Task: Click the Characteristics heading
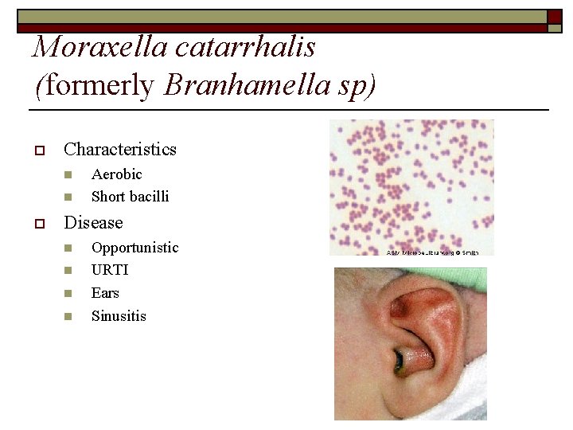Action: [119, 149]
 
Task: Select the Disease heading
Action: [93, 223]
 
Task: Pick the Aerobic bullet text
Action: [116, 174]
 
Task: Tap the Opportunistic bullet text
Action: [134, 248]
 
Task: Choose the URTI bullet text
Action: [110, 270]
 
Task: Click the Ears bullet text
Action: [105, 293]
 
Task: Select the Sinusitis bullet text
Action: [119, 316]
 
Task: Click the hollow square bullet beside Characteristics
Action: [37, 150]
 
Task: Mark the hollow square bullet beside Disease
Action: [37, 224]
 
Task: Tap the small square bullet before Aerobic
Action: [68, 174]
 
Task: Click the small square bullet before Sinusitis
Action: [68, 317]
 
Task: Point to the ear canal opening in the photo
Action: [400, 363]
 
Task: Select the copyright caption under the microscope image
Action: [432, 252]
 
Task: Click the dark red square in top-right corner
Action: [555, 16]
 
